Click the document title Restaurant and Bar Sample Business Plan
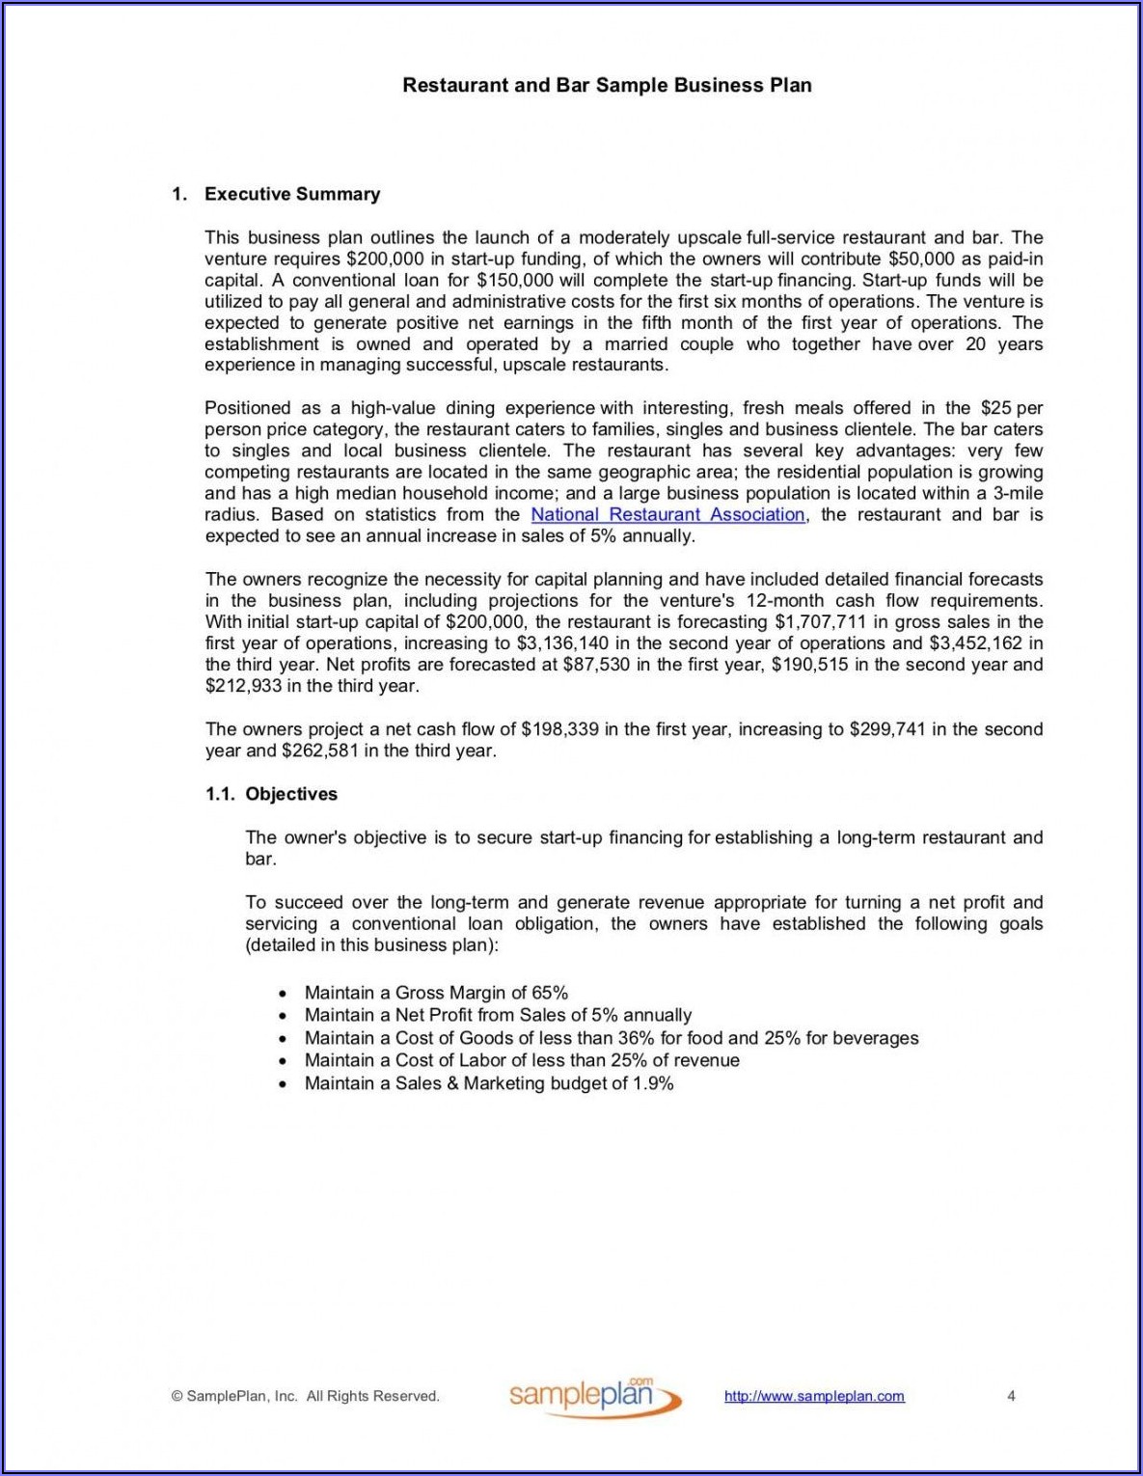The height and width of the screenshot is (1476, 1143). pos(607,85)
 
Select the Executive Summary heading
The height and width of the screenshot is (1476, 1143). pos(292,194)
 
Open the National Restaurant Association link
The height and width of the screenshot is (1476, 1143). pos(667,515)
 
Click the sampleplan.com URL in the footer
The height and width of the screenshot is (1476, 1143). pos(814,1396)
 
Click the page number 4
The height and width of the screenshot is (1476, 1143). pos(1011,1396)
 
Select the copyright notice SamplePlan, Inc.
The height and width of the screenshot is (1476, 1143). pos(306,1396)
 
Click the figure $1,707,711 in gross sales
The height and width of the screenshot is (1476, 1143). pos(818,622)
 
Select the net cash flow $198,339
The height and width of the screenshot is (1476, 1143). pos(559,729)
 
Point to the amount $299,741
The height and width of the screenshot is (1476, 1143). pos(887,729)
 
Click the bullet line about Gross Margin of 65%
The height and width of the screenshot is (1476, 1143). pos(436,993)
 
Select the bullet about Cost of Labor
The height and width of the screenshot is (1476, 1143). pos(522,1060)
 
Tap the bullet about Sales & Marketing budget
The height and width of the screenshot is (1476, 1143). pos(489,1083)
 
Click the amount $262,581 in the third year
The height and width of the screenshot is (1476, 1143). pos(320,751)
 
